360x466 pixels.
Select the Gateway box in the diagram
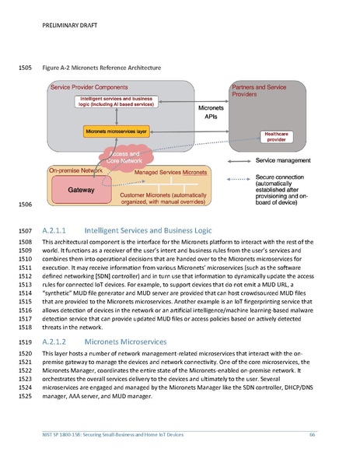(82, 188)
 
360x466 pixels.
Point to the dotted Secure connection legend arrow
(240, 177)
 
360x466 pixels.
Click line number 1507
(23, 231)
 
